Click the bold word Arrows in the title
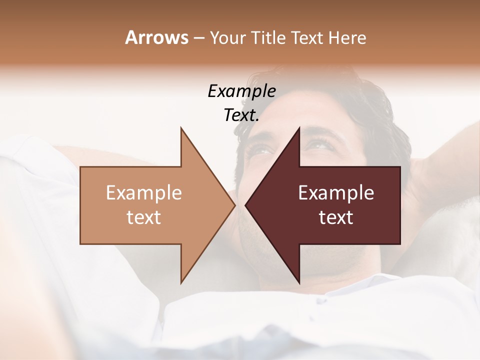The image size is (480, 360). [x=156, y=37]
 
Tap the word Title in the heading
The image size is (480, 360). [x=269, y=38]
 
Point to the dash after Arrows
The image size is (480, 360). [x=198, y=38]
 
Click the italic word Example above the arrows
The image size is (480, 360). [x=241, y=91]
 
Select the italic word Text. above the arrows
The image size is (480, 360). [x=241, y=115]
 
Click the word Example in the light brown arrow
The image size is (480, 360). [x=144, y=193]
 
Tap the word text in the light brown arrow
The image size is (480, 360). [x=144, y=217]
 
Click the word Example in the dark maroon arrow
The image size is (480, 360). [x=336, y=193]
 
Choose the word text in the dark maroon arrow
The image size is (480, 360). [x=336, y=217]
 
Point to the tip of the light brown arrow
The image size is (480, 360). [x=234, y=205]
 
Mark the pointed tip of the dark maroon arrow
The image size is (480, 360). [x=245, y=205]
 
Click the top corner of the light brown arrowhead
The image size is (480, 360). [x=181, y=128]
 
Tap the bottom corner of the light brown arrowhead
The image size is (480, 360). [x=181, y=282]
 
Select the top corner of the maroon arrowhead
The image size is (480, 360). [x=299, y=128]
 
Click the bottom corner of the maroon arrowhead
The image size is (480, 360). [x=299, y=282]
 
